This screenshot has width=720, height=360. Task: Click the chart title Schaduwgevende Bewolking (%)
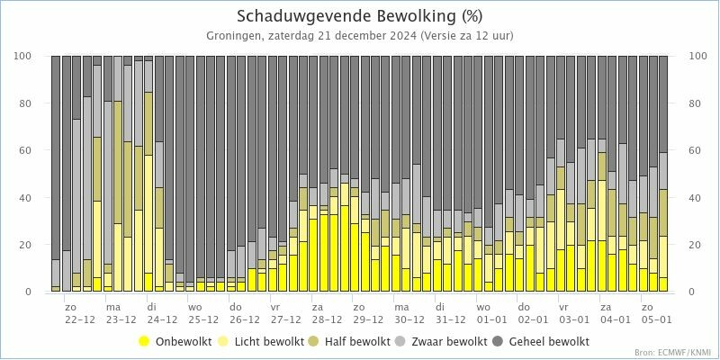pyautogui.click(x=359, y=16)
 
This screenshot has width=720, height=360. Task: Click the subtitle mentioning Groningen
pyautogui.click(x=359, y=36)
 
